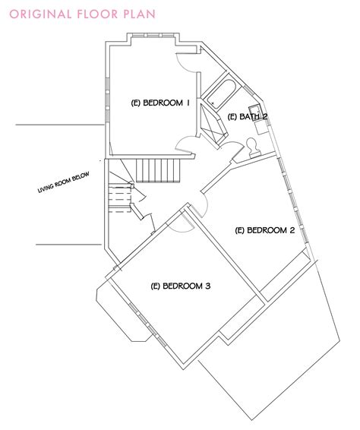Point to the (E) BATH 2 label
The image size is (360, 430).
tap(247, 115)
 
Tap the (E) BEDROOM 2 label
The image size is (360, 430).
tap(265, 229)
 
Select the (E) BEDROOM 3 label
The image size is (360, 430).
tap(181, 286)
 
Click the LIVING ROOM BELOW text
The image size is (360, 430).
tap(64, 183)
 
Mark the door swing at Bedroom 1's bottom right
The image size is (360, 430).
tap(185, 143)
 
